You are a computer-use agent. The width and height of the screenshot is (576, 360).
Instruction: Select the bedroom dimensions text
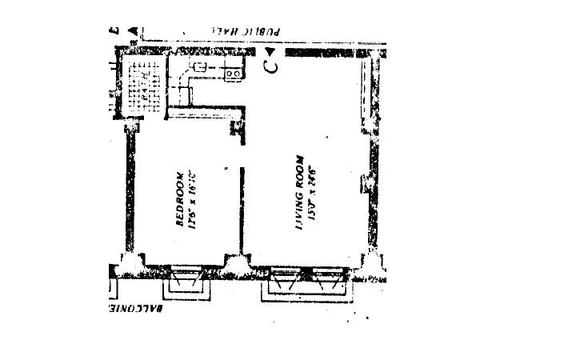coord(194,200)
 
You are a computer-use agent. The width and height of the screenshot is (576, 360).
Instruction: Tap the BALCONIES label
coord(140,307)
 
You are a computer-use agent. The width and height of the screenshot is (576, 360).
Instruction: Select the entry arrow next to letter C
coord(273,51)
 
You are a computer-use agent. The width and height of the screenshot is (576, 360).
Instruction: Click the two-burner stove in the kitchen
coord(234,74)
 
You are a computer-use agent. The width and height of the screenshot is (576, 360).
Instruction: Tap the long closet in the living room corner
coord(367,92)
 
